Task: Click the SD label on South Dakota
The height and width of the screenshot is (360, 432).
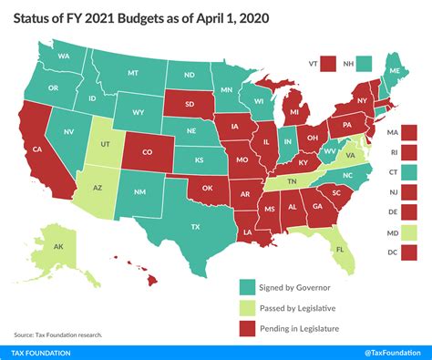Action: (190, 103)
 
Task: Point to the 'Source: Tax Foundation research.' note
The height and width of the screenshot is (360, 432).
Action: (57, 334)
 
